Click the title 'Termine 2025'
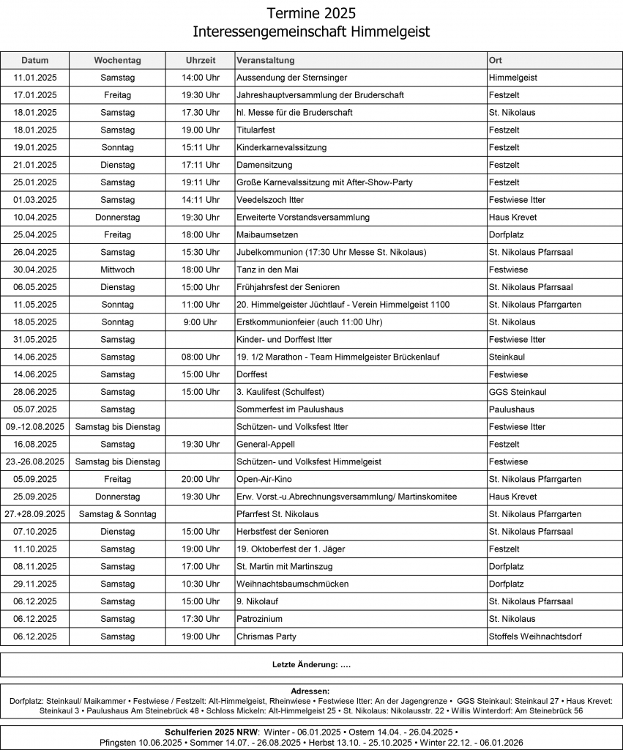pyautogui.click(x=311, y=13)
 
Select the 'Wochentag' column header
pyautogui.click(x=117, y=60)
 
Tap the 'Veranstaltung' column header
pyautogui.click(x=265, y=60)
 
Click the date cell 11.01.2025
pyautogui.click(x=35, y=78)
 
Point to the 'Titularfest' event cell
pyautogui.click(x=255, y=130)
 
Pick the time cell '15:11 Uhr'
pyautogui.click(x=201, y=147)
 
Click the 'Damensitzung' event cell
pyautogui.click(x=264, y=165)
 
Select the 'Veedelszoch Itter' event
pyautogui.click(x=270, y=200)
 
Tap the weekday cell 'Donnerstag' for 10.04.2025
pyautogui.click(x=117, y=218)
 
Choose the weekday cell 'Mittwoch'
pyautogui.click(x=117, y=270)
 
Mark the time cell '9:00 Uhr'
pyautogui.click(x=201, y=322)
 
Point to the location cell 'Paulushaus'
pyautogui.click(x=512, y=409)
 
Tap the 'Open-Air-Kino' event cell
pyautogui.click(x=264, y=479)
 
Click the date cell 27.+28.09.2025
pyautogui.click(x=35, y=514)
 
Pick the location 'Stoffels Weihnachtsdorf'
pyautogui.click(x=535, y=636)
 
